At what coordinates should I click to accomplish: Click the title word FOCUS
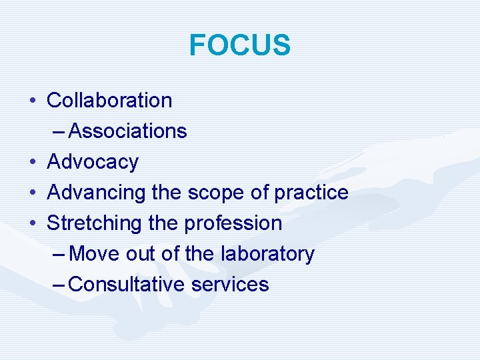240,45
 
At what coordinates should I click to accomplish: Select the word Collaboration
109,101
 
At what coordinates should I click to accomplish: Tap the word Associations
127,131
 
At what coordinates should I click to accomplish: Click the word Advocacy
93,162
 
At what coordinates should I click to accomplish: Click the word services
230,285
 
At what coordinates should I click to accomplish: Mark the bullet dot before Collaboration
33,101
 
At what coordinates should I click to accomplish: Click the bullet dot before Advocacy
33,163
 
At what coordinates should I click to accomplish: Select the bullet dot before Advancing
33,193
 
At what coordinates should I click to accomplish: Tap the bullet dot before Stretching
33,224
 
